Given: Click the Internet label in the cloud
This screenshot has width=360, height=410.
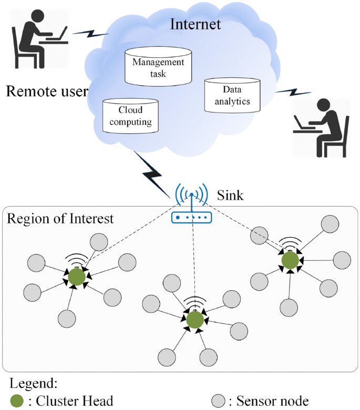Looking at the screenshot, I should coord(196,24).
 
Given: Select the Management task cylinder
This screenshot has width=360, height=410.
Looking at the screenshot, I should coord(158,67).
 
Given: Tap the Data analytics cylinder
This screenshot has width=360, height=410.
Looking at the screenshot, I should coord(232,95).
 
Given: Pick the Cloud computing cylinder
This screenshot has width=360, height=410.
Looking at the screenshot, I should coord(130,116).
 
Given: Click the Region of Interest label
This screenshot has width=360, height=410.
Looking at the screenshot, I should coord(60,218).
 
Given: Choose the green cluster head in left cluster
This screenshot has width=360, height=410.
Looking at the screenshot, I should coord(77,278).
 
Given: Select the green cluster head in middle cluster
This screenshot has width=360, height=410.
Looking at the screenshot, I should coord(194,319).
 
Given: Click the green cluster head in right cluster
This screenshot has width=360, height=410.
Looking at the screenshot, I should coord(290,260).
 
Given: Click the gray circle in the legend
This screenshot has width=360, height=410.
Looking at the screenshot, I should coord(219,401).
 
